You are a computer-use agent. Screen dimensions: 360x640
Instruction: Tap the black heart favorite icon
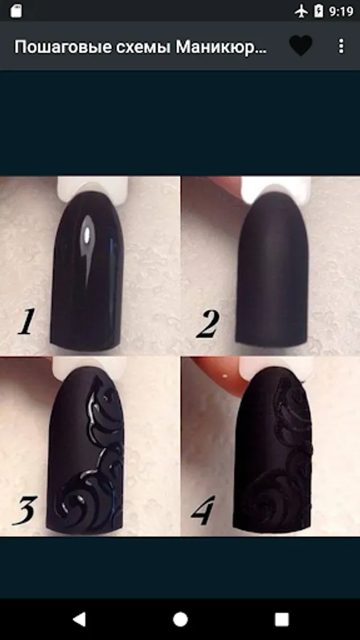point(301,46)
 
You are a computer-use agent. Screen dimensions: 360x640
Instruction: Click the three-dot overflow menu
point(342,46)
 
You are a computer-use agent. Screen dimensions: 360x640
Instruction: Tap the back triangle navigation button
point(79,619)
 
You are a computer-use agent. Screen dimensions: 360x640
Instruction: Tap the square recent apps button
point(282,619)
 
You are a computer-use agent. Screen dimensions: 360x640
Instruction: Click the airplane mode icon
point(301,11)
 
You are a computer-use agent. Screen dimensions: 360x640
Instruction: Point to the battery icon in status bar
point(319,11)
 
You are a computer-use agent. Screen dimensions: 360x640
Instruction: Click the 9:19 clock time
point(341,11)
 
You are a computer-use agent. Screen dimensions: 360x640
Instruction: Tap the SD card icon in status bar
point(16,11)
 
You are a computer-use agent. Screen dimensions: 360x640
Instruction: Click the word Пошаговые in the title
point(57,48)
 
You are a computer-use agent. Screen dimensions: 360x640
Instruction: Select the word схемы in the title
point(138,48)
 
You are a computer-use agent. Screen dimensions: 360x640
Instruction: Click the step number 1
point(26,322)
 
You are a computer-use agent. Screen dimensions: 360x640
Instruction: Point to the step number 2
point(208,324)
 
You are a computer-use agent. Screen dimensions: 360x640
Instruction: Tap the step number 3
point(26,510)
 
